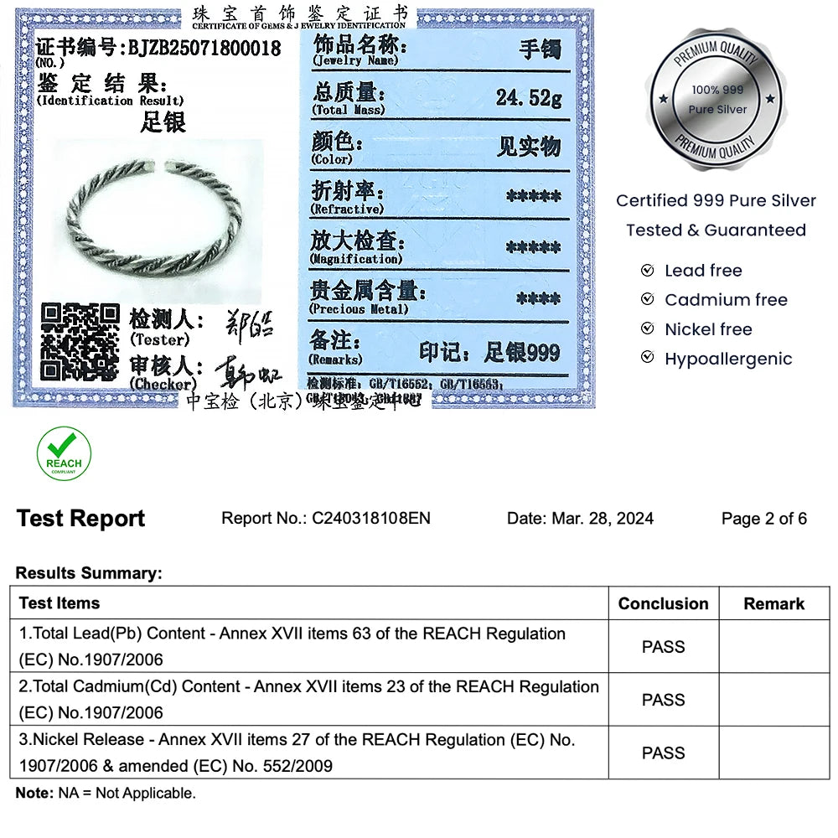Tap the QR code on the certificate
pyautogui.click(x=80, y=342)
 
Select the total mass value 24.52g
pyautogui.click(x=528, y=97)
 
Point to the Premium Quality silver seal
pyautogui.click(x=717, y=99)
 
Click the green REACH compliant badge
pyautogui.click(x=64, y=453)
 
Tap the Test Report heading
pyautogui.click(x=80, y=519)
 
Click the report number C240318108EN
pyautogui.click(x=371, y=519)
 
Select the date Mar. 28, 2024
pyautogui.click(x=603, y=519)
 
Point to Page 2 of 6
pyautogui.click(x=763, y=519)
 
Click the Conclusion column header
pyautogui.click(x=663, y=603)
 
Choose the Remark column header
pyautogui.click(x=773, y=603)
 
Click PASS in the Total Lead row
pyautogui.click(x=663, y=647)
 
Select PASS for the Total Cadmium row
pyautogui.click(x=663, y=700)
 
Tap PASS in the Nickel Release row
pyautogui.click(x=663, y=753)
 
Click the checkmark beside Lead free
pyautogui.click(x=647, y=271)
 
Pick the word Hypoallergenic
pyautogui.click(x=727, y=359)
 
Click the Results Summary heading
pyautogui.click(x=89, y=574)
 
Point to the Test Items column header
pyautogui.click(x=59, y=603)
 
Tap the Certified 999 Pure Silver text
pyautogui.click(x=716, y=200)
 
